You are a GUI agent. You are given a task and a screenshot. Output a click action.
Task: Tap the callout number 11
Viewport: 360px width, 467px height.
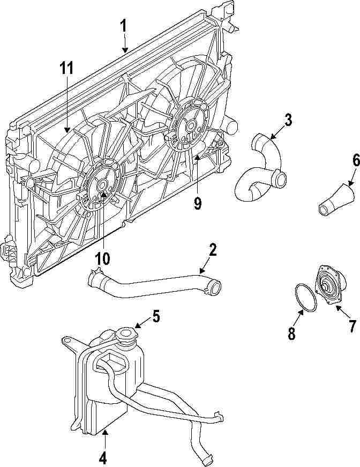click(66, 69)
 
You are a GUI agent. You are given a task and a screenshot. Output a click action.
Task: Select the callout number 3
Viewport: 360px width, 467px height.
click(288, 120)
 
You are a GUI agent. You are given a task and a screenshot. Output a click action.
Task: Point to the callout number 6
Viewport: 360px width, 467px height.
click(341, 160)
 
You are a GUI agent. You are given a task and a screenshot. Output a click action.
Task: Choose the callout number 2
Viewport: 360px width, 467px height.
click(213, 250)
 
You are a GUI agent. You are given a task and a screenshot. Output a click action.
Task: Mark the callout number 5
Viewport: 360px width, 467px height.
click(155, 316)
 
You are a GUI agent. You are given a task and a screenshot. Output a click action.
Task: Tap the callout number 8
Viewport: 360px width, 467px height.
click(291, 333)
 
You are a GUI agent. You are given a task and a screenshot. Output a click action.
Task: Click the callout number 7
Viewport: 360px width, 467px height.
click(352, 325)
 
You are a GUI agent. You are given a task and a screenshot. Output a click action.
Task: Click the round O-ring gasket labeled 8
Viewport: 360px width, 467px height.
click(306, 296)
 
